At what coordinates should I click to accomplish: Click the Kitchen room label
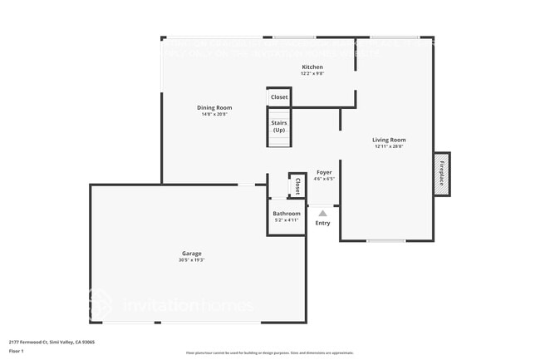point(312,67)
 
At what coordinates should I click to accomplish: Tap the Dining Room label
point(214,107)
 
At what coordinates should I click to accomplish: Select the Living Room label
point(388,140)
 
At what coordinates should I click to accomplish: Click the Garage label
point(192,254)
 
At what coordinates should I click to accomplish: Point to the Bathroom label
point(287,214)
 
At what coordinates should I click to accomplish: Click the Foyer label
point(324,172)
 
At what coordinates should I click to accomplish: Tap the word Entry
point(322,223)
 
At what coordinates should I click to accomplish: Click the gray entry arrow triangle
point(322,213)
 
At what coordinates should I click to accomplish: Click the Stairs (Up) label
point(279,126)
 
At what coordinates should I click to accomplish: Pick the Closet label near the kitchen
point(279,97)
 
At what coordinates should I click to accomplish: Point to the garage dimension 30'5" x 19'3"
point(192,260)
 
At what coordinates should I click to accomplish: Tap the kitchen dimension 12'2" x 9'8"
point(312,73)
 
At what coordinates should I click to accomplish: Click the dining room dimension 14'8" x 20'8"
point(214,114)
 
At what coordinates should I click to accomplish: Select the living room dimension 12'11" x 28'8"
point(388,146)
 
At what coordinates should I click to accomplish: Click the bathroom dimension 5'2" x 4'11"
point(287,220)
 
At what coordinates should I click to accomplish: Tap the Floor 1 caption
point(17,351)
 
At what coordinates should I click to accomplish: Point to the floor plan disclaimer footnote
point(269,353)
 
